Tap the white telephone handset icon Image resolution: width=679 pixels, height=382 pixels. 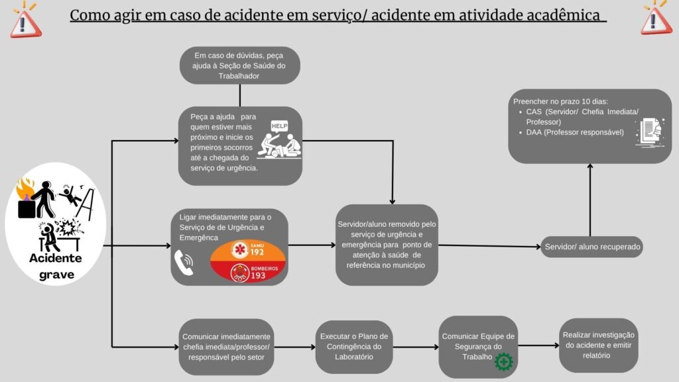click(183, 263)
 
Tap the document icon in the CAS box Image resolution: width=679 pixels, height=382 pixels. click(649, 130)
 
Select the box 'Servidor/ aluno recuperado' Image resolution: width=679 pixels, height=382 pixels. click(592, 247)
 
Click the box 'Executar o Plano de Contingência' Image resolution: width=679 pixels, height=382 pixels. click(353, 346)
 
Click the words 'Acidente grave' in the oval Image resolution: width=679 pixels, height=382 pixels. click(56, 265)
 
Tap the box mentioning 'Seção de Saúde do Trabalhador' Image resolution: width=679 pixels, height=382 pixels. click(239, 65)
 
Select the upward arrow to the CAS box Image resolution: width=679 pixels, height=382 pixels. click(589, 199)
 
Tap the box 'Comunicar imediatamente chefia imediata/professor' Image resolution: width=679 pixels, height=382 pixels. click(226, 346)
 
